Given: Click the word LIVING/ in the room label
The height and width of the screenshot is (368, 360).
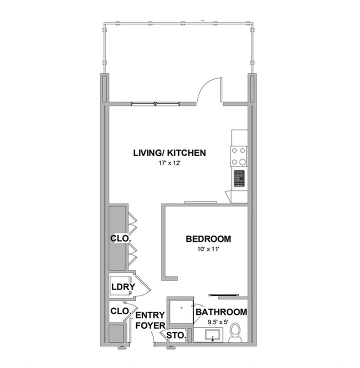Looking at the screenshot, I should pos(148,152).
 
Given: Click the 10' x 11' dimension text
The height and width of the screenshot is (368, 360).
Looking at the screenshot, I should pos(207,248).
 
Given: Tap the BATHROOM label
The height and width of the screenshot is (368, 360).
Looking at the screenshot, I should pos(221,312).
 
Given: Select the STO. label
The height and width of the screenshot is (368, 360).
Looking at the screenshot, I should pos(176,335).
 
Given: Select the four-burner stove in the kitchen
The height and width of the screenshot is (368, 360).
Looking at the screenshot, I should pos(238,156).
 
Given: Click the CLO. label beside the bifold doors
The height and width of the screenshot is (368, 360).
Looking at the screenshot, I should pos(120,239).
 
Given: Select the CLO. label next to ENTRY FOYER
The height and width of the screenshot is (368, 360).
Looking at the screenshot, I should pos(120,311).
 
